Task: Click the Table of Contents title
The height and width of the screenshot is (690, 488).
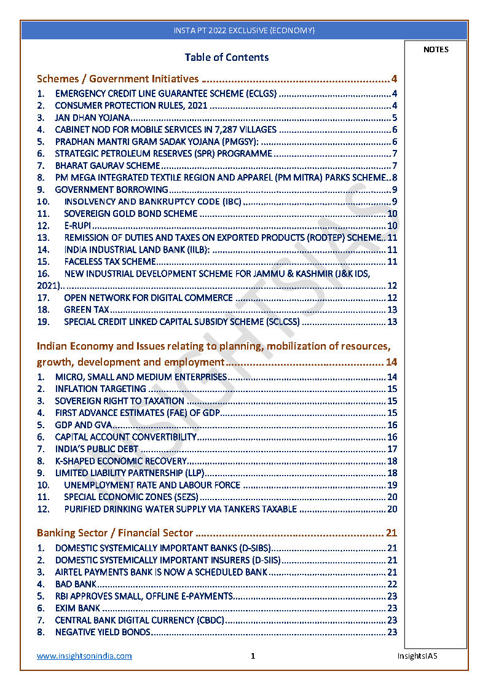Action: click(x=227, y=57)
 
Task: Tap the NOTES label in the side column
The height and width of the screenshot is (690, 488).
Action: click(x=436, y=50)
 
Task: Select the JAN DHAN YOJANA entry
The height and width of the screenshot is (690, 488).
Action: click(x=92, y=118)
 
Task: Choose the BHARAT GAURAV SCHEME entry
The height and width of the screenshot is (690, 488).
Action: click(x=108, y=166)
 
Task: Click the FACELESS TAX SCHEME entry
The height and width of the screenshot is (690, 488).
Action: click(x=110, y=262)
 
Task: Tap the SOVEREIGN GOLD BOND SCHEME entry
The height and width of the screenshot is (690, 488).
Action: click(x=131, y=214)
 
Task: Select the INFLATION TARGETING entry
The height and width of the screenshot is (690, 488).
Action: click(x=101, y=389)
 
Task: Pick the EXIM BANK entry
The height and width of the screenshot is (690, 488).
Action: click(x=77, y=608)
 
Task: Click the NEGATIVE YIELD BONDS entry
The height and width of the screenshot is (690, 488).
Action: click(x=103, y=632)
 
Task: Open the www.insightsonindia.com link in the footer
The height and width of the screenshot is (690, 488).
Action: click(x=84, y=656)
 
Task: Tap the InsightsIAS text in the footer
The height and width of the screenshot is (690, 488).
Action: click(x=417, y=656)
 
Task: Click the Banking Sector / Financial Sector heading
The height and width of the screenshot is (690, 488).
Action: click(x=115, y=533)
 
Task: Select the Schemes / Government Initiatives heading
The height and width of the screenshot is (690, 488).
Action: click(x=118, y=79)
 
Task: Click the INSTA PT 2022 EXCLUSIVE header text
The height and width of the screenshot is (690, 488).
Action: click(x=244, y=30)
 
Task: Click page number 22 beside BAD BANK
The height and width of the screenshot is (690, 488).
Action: click(x=392, y=584)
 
